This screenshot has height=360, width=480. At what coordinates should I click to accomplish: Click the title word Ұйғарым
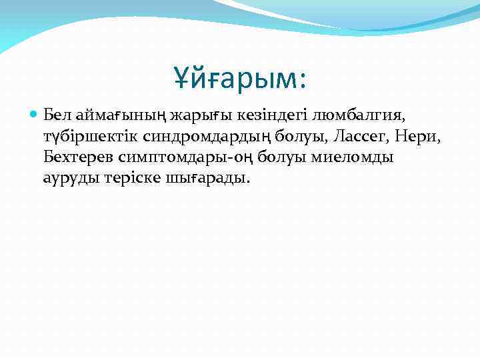click(x=233, y=77)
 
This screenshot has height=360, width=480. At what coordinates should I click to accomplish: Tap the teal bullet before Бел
click(x=35, y=115)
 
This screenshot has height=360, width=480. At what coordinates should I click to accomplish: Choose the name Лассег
click(x=318, y=137)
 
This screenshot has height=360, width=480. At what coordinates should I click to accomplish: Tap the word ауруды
click(x=67, y=179)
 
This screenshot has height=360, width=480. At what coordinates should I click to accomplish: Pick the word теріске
click(x=125, y=179)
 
